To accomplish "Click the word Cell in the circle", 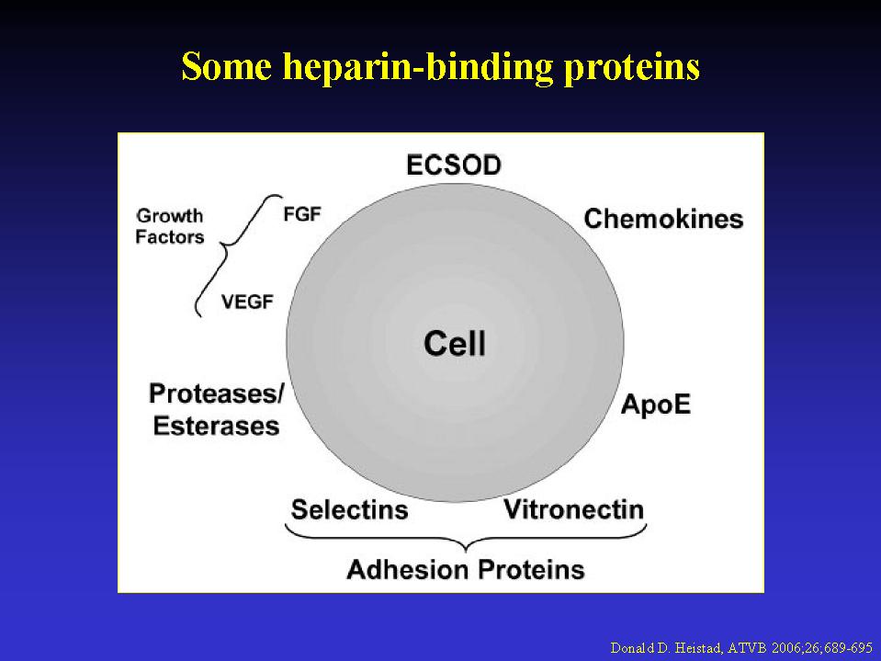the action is point(455,344).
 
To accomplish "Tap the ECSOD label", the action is point(454,165).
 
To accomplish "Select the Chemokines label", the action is point(663,219).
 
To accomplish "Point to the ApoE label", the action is point(656,405).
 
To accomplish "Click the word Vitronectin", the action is point(573,509).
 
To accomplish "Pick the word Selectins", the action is point(349,510).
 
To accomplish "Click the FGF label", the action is point(301,214).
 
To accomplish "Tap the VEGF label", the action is point(247,302).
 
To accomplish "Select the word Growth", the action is point(170,216).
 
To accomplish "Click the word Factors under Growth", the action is point(170,236).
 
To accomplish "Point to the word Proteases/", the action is point(216,393).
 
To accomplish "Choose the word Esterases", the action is point(216,426).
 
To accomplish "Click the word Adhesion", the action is point(407,569).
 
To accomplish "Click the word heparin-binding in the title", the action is point(417,67).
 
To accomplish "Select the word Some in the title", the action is point(226,66).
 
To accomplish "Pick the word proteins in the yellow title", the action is point(632,67).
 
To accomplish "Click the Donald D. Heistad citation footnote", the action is point(741,648).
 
